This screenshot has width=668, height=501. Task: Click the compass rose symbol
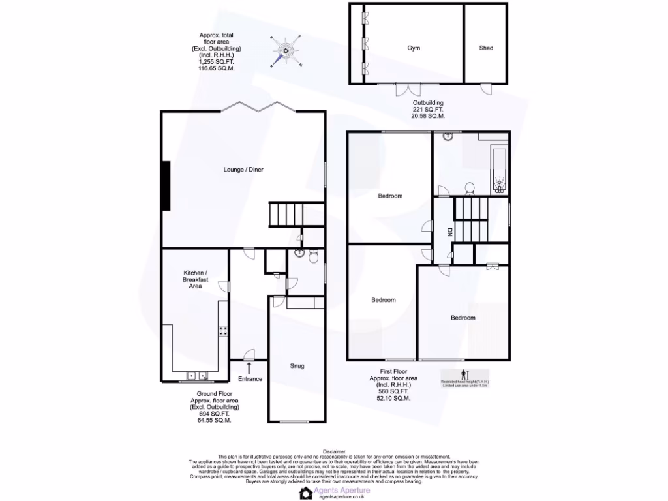coord(286,50)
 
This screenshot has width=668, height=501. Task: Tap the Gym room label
coord(414,48)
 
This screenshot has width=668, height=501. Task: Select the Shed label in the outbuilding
coord(486,48)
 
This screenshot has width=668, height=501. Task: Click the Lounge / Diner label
coord(243,170)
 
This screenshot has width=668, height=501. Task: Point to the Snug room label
coord(297,366)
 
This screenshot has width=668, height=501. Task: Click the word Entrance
coord(250,379)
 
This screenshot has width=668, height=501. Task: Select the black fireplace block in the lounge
coord(166,186)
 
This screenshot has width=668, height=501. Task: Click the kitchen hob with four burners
coord(222,331)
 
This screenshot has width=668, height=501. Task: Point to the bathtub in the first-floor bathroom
coord(500,171)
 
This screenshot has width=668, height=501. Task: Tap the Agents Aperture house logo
coord(305,493)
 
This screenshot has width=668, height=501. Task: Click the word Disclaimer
coord(333,451)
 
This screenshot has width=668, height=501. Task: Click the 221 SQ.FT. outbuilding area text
coord(428,110)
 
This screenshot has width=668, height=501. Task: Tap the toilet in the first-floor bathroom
coord(469,188)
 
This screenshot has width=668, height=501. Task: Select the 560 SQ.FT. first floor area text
coord(393,391)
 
